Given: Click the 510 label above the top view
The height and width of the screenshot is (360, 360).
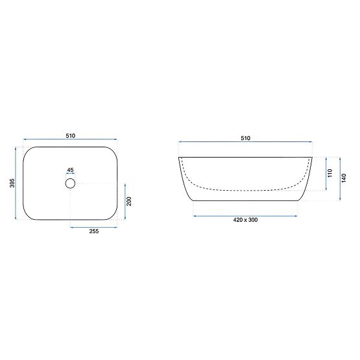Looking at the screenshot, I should pos(70,136).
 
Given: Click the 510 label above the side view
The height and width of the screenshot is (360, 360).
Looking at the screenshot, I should pos(246,138).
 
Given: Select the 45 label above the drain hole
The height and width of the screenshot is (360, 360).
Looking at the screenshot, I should pos(70,171).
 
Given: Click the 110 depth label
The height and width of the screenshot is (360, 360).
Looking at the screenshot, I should pos(330,173).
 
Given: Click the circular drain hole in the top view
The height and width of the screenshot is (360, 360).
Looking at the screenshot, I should pos(70,184).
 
